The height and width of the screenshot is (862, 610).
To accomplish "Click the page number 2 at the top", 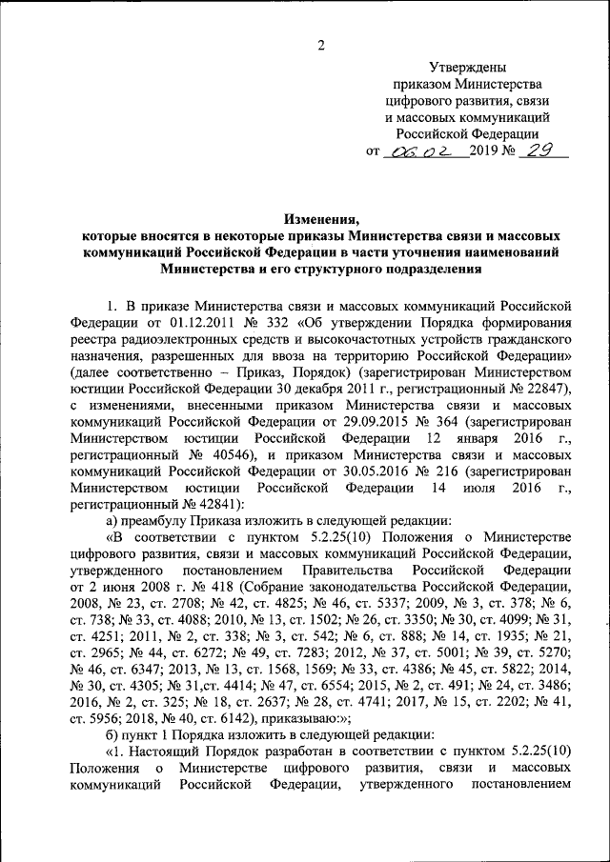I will [x=321, y=46].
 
